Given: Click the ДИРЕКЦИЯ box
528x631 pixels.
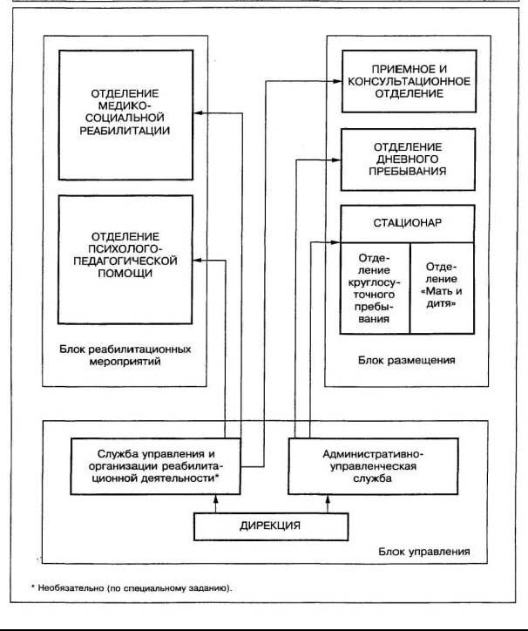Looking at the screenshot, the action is click(x=271, y=526).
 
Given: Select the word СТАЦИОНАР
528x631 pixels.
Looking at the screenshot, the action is click(x=407, y=223).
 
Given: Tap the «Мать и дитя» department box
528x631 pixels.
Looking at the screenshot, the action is click(x=442, y=288).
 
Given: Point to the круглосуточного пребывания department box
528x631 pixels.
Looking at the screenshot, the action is click(x=375, y=288).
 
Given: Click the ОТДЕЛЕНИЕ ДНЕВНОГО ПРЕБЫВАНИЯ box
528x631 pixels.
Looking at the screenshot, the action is click(x=408, y=159).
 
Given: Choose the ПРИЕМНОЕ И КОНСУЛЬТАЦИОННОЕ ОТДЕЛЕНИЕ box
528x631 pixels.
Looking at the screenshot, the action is click(x=410, y=81).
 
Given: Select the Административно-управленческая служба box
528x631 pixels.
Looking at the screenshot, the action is click(x=373, y=466).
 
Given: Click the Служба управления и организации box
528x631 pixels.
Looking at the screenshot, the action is click(x=156, y=466).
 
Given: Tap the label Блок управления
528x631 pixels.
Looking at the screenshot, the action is click(x=424, y=552).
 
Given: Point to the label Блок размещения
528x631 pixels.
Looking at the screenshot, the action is click(x=407, y=360).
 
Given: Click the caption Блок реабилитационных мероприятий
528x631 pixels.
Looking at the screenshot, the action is click(x=125, y=355).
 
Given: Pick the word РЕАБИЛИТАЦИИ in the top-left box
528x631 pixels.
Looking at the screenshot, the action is click(x=125, y=131).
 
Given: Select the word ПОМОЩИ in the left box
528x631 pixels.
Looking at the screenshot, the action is click(x=125, y=274).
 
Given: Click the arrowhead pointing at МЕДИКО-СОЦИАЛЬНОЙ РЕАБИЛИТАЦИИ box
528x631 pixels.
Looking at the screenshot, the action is click(x=198, y=113).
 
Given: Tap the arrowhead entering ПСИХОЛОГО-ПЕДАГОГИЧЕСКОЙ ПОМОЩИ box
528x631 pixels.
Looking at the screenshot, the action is click(x=198, y=261).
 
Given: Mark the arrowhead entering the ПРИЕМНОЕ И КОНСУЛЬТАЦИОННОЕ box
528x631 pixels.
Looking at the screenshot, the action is click(x=337, y=81).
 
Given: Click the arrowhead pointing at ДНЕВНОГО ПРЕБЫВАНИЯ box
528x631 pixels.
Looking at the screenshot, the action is click(x=336, y=160).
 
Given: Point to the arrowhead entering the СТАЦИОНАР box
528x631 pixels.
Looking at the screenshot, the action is click(x=335, y=242).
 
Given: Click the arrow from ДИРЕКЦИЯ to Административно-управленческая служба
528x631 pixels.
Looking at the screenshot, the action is click(x=328, y=504).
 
